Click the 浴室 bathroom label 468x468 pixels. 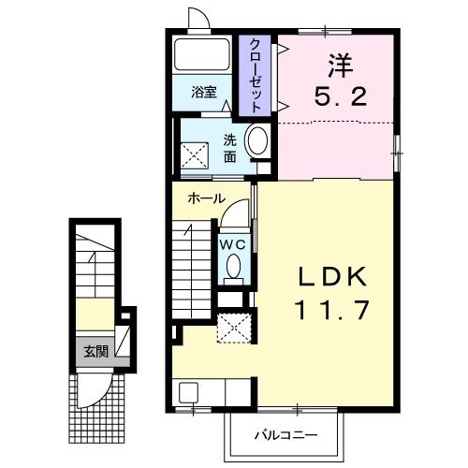[204, 93]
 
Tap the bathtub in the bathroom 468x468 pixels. [202, 54]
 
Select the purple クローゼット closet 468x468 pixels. [255, 75]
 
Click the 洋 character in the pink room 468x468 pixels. [340, 66]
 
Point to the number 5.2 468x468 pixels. [341, 96]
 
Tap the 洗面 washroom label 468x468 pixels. [230, 149]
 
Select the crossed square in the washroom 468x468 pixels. [195, 155]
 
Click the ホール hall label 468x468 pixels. [207, 198]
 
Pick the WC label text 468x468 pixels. [234, 244]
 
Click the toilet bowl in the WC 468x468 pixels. [234, 266]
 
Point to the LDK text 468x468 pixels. [332, 277]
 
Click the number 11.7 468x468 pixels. [332, 310]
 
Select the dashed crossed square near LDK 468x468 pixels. [234, 329]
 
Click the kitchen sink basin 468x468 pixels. [188, 392]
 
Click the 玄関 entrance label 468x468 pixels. [95, 352]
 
